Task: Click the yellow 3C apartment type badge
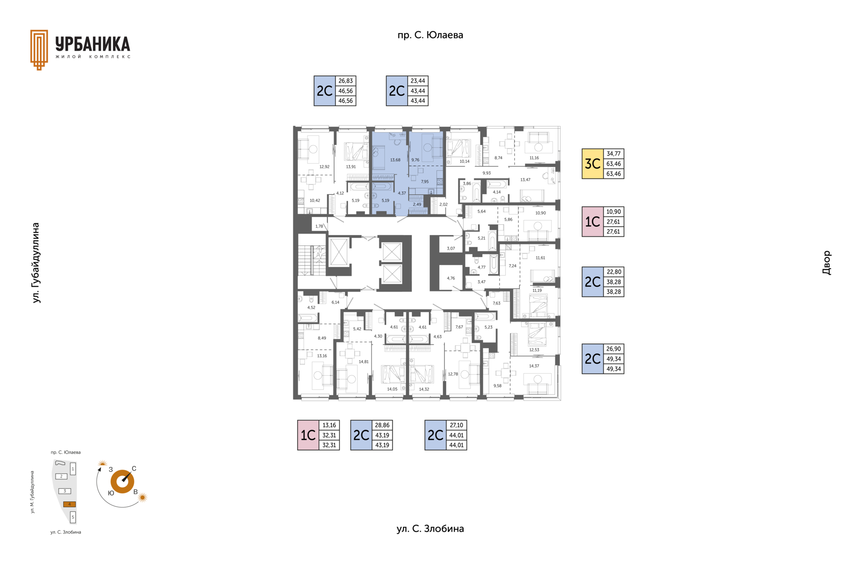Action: (x=592, y=164)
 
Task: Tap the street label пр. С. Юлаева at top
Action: (x=430, y=35)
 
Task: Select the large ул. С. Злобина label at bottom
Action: (x=430, y=529)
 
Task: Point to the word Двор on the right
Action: (x=826, y=263)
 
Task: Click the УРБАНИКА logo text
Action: (x=93, y=44)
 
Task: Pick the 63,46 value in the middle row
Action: (x=613, y=164)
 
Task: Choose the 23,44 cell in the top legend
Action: (x=417, y=81)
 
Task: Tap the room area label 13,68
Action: (x=395, y=160)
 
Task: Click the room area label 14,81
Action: (x=363, y=361)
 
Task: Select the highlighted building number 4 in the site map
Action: (x=69, y=504)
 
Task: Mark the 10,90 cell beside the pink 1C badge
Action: (x=613, y=212)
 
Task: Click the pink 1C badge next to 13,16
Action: (x=308, y=435)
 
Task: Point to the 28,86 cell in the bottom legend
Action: (x=382, y=425)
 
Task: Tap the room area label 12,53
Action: (x=534, y=350)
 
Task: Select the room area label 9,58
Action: (x=497, y=386)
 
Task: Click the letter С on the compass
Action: (x=134, y=469)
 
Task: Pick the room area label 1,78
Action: (x=319, y=226)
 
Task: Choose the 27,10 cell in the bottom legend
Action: (x=456, y=425)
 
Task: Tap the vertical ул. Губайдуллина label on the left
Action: (x=36, y=263)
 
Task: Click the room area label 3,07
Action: (x=451, y=248)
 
